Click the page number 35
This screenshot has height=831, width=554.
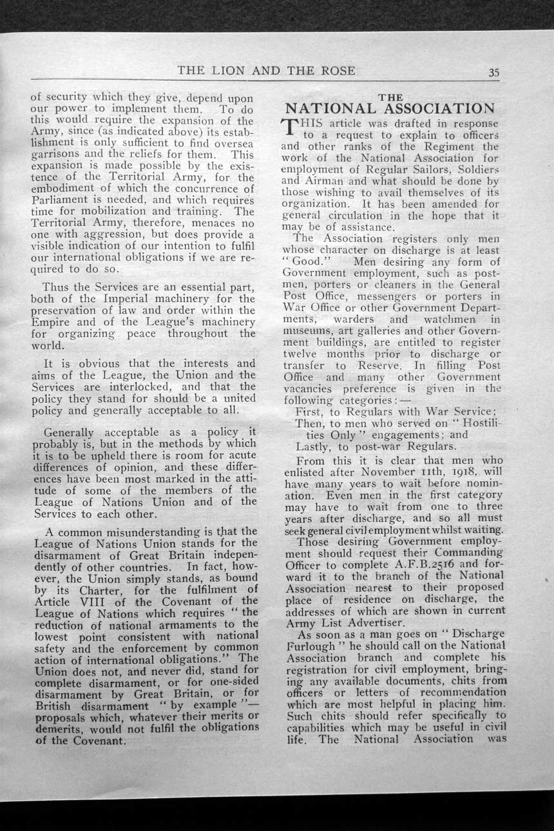tap(493, 72)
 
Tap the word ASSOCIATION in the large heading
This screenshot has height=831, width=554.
tap(438, 108)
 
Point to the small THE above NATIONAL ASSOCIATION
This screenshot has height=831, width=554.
tap(390, 97)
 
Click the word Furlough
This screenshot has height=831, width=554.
tap(312, 645)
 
